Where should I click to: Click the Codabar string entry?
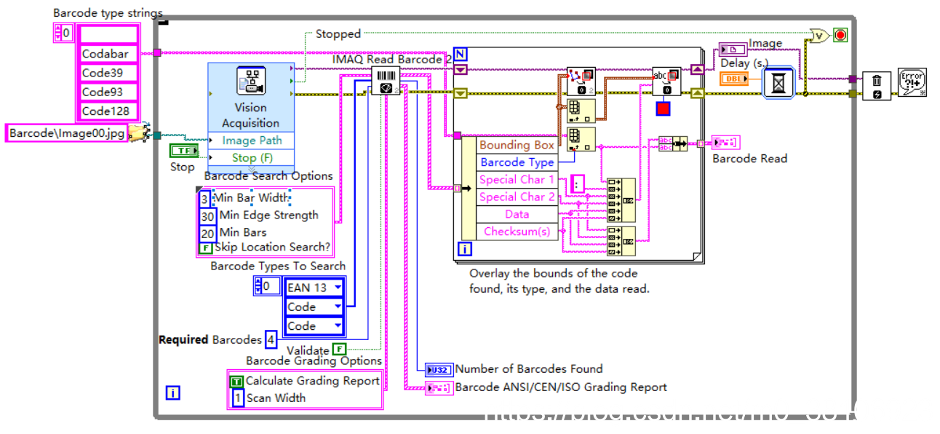pyautogui.click(x=108, y=54)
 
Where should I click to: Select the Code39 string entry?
pyautogui.click(x=108, y=73)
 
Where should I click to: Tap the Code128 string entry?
pyautogui.click(x=108, y=111)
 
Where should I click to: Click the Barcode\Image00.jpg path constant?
pyautogui.click(x=67, y=133)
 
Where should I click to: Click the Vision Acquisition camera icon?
pyautogui.click(x=250, y=82)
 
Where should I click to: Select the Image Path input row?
pyautogui.click(x=251, y=141)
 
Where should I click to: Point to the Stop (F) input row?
pyautogui.click(x=251, y=157)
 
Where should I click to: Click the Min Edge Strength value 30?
pyautogui.click(x=207, y=216)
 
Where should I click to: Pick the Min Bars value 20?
pyautogui.click(x=207, y=233)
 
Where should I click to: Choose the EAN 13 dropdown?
pyautogui.click(x=314, y=288)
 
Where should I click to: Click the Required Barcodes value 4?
pyautogui.click(x=271, y=339)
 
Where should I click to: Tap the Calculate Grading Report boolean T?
pyautogui.click(x=236, y=381)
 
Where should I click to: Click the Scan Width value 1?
pyautogui.click(x=236, y=398)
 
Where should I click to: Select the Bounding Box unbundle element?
pyautogui.click(x=517, y=145)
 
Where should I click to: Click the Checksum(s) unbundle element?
pyautogui.click(x=517, y=232)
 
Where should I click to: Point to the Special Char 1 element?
pyautogui.click(x=517, y=179)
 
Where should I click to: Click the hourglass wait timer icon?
pyautogui.click(x=779, y=84)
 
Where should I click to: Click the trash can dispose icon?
pyautogui.click(x=876, y=86)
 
